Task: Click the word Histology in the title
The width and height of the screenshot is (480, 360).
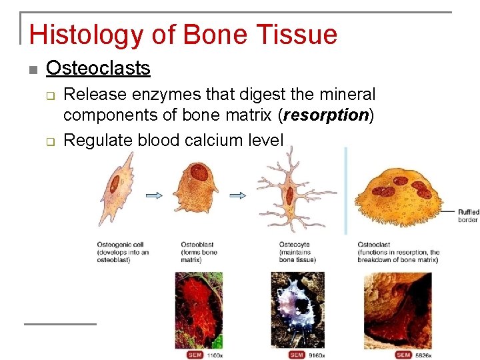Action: pos(81,35)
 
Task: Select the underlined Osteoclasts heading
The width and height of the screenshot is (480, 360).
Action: pos(98,68)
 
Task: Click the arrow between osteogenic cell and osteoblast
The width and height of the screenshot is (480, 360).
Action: pos(154,195)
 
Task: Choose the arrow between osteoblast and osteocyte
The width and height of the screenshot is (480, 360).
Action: pos(238,195)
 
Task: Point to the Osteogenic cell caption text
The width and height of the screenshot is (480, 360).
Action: pos(122,252)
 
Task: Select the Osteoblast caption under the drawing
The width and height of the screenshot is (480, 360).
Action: pos(199,252)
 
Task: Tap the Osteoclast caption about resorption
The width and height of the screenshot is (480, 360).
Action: pos(398,252)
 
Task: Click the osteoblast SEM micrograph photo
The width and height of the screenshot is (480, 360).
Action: pos(199,309)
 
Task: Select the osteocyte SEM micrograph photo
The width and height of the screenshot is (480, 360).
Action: pos(298,309)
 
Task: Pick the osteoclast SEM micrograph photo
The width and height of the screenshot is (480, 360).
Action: pos(397,309)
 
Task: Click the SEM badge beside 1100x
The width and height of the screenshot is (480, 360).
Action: pos(195,355)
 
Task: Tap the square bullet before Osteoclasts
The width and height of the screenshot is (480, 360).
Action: pos(31,69)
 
